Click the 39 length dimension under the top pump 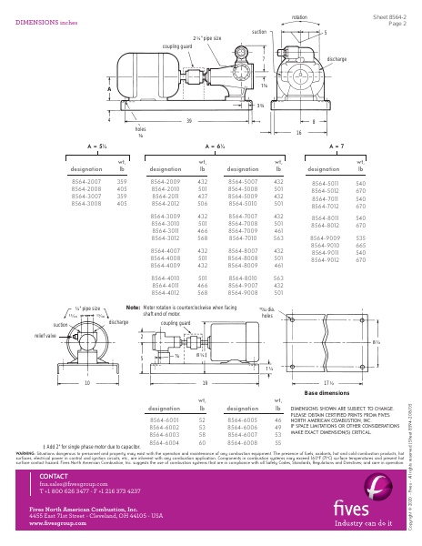coord(188,120)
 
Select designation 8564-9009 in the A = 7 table coord(325,238)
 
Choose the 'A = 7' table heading coord(335,146)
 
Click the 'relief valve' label coord(32,335)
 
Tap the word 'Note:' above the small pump coord(132,308)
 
